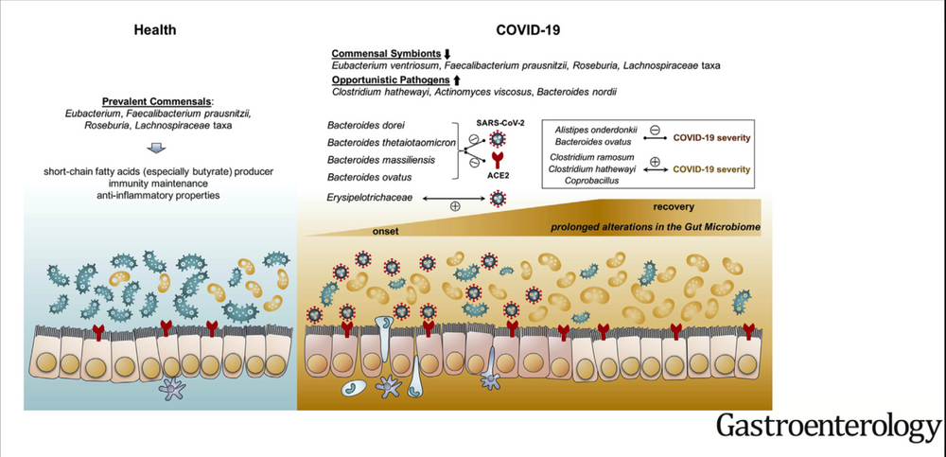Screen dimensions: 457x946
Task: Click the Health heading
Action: (153, 29)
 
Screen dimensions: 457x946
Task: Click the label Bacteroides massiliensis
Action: (374, 160)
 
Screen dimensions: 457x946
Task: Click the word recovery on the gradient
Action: (674, 207)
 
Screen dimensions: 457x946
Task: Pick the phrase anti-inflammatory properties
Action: (153, 195)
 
